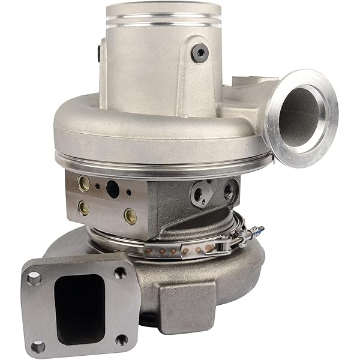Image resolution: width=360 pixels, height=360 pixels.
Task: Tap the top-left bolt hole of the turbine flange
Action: [34, 278]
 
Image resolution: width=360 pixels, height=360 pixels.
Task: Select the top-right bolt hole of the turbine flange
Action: [120, 272]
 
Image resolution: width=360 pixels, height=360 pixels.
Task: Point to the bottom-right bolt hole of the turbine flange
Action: [122, 340]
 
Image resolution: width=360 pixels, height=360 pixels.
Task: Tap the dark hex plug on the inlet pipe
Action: [200, 53]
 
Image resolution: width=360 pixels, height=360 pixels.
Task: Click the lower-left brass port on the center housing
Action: [84, 208]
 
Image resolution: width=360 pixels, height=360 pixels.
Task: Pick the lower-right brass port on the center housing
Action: [130, 215]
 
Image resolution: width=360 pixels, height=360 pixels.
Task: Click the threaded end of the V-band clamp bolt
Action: [257, 230]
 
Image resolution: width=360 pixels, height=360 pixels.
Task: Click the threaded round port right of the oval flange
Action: [229, 192]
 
